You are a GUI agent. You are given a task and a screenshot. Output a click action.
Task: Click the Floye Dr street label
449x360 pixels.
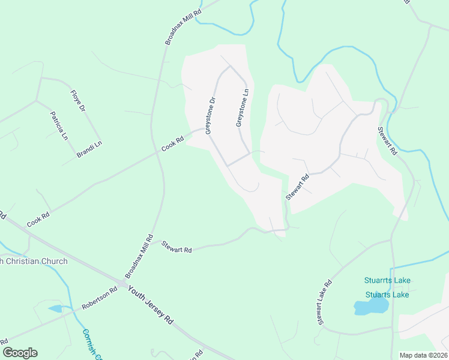point(78,100)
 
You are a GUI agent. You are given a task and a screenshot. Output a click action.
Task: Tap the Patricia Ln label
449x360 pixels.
point(61,125)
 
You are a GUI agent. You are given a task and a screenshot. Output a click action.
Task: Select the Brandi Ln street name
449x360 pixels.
point(89,149)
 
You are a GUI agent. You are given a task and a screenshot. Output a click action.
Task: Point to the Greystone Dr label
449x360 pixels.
point(209,116)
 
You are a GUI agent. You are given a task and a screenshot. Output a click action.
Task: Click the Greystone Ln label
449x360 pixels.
point(242,109)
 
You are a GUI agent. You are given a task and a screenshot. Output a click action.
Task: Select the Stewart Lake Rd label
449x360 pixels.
point(325,303)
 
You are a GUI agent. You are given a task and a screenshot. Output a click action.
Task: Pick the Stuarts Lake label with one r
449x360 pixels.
point(387,295)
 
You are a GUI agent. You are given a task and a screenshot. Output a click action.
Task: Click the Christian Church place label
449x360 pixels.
point(34,261)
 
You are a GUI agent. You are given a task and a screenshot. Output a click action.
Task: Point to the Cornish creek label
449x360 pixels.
point(91,343)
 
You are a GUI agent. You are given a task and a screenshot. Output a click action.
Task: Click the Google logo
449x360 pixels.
point(20,353)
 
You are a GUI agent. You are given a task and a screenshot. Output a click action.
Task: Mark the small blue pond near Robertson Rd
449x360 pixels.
point(55,308)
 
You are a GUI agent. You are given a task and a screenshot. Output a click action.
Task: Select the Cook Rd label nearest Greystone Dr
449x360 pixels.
point(172,143)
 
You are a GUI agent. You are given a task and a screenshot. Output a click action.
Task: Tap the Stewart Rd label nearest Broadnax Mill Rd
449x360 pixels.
point(176,247)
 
